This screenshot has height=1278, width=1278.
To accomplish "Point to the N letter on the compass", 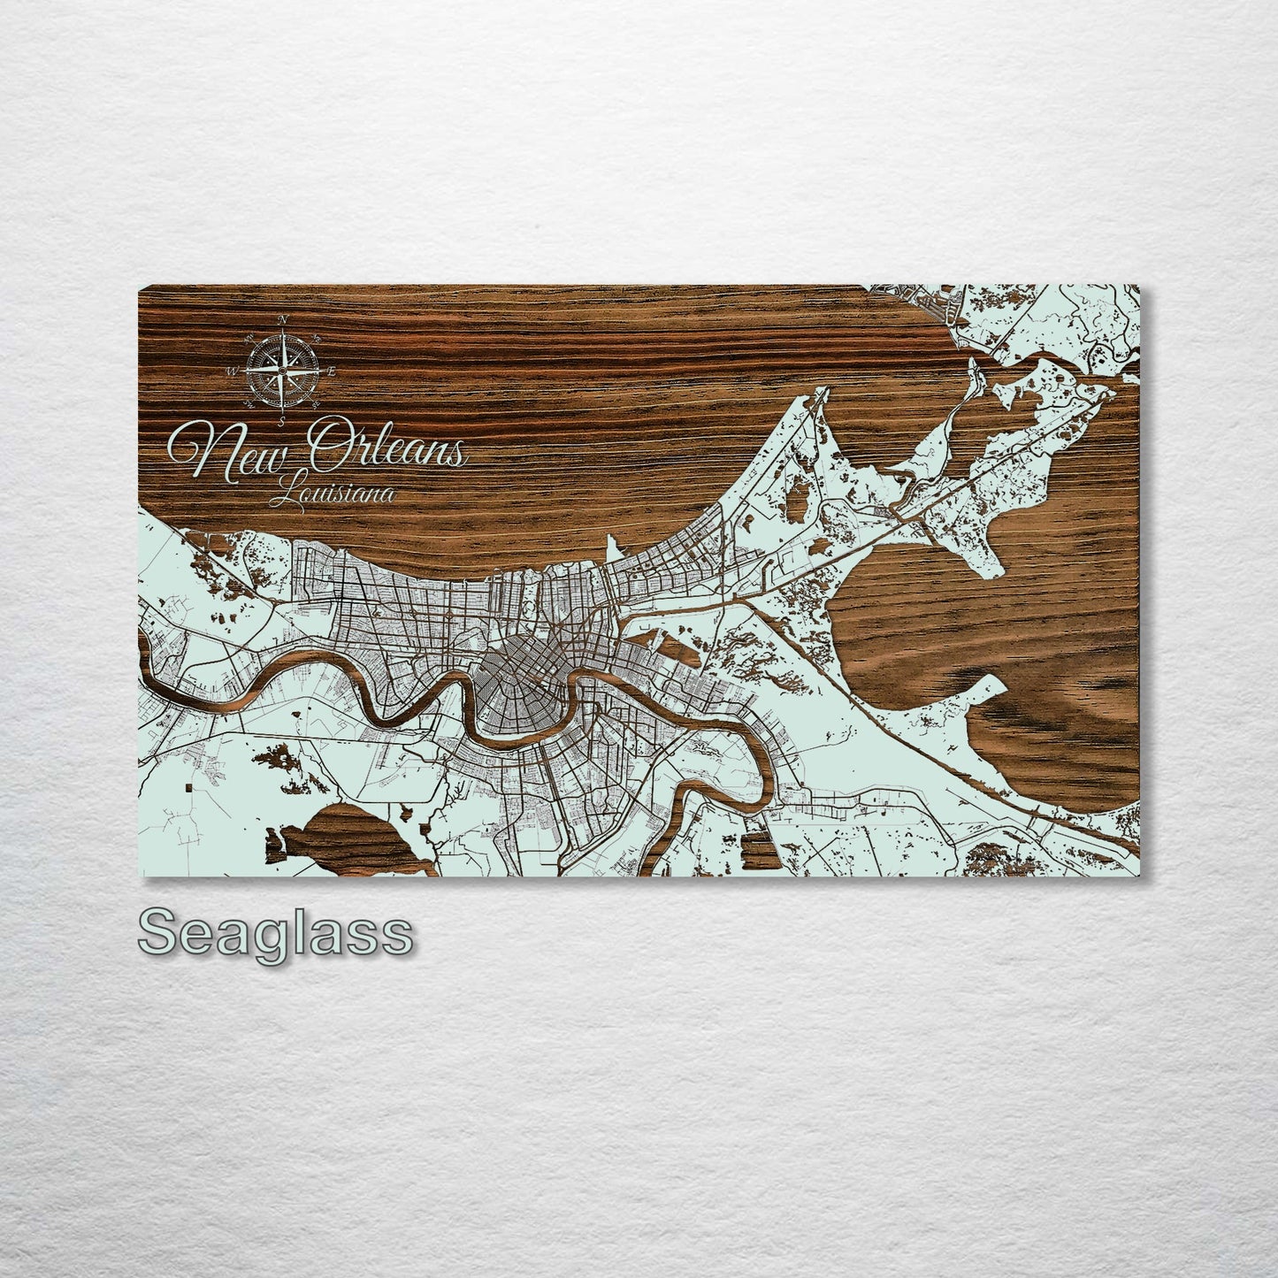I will pos(282,318).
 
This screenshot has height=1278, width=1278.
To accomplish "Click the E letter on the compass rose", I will pos(331,371).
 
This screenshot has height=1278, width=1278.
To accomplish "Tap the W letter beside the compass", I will pos(232,372).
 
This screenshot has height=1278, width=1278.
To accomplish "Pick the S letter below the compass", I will pos(281,423).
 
